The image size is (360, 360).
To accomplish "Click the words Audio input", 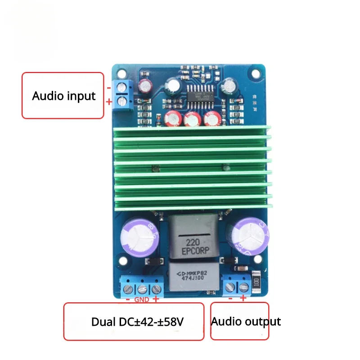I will pyautogui.click(x=63, y=96).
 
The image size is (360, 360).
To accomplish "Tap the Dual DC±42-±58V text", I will pyautogui.click(x=137, y=322).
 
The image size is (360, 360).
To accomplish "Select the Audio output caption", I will pyautogui.click(x=246, y=321).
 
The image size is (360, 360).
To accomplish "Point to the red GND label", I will pyautogui.click(x=142, y=299).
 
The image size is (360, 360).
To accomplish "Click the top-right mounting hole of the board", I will pyautogui.click(x=259, y=72).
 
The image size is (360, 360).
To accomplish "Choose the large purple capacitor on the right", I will pyautogui.click(x=249, y=234).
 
